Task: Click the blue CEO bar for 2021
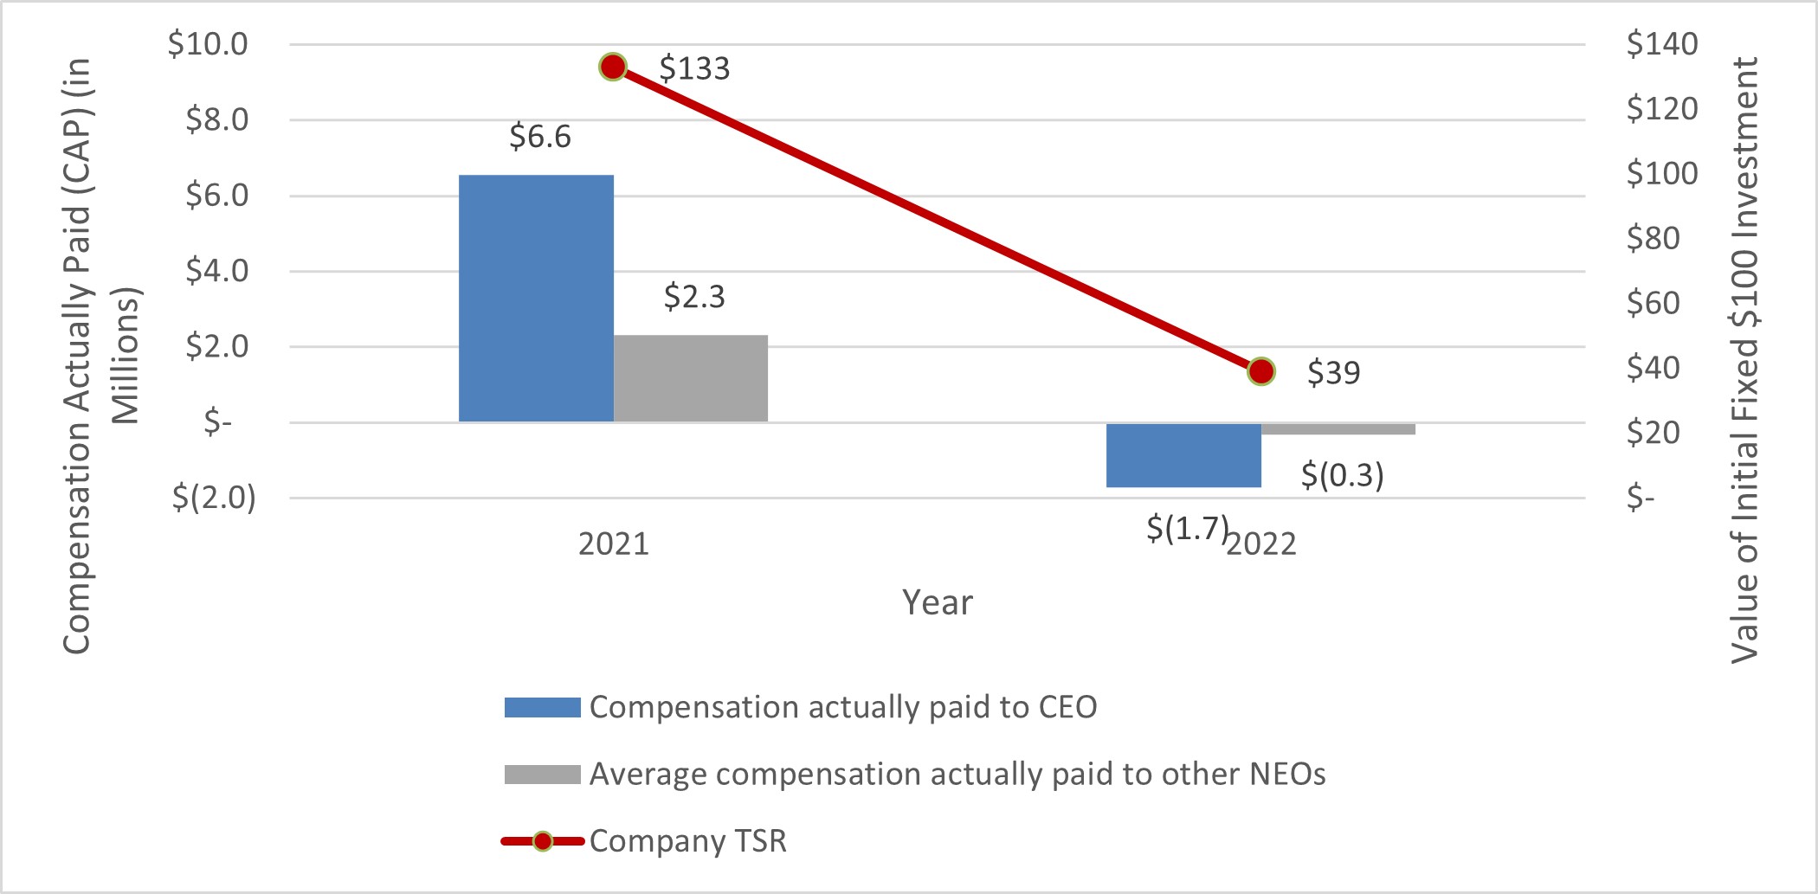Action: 536,299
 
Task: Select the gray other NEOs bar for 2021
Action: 690,378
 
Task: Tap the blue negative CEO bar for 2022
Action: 1183,455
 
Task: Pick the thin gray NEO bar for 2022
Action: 1338,429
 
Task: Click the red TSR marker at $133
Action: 613,67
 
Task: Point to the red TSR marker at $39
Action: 1261,371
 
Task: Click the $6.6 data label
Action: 540,137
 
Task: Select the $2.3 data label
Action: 694,297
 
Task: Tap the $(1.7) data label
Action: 1187,528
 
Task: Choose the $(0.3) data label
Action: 1342,474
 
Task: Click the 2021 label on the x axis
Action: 613,544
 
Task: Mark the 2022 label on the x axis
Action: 1262,544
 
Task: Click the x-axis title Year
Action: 937,602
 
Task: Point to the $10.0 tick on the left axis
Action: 208,44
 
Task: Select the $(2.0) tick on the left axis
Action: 214,498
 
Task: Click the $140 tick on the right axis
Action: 1661,44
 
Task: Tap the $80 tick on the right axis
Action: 1653,238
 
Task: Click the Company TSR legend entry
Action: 687,841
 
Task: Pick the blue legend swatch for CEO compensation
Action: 542,707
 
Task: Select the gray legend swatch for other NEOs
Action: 542,775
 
